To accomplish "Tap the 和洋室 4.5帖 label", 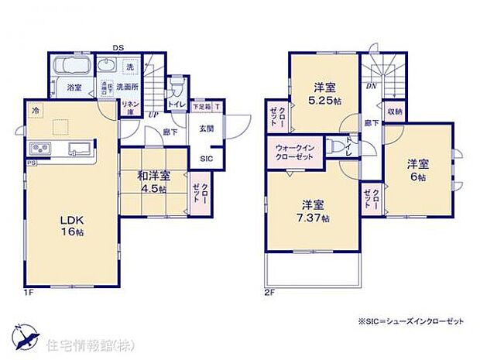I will tap(154, 180).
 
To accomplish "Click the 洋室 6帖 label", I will tap(419, 170).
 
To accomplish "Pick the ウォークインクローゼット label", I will tap(294, 150).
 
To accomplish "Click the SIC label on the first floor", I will tap(206, 159).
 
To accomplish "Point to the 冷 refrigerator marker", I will tap(34, 110).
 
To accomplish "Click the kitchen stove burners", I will tap(39, 148).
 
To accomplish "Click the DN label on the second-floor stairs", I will tap(372, 86).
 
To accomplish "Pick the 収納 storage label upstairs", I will tap(394, 112).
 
